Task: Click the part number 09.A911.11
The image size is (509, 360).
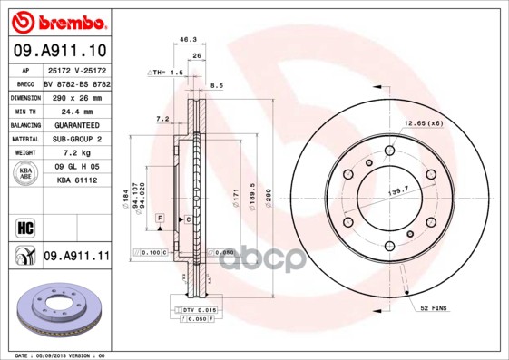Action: coord(76,257)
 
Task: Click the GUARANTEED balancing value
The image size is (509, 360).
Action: coord(76,125)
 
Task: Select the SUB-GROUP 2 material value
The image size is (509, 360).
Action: coord(76,139)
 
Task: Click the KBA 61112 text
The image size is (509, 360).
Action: coord(76,181)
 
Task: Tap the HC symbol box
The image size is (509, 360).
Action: coord(24,227)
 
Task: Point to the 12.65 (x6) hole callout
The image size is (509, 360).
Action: coord(423,123)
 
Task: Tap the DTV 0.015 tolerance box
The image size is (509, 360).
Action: coord(195,310)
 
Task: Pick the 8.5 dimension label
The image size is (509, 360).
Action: coord(216,86)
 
